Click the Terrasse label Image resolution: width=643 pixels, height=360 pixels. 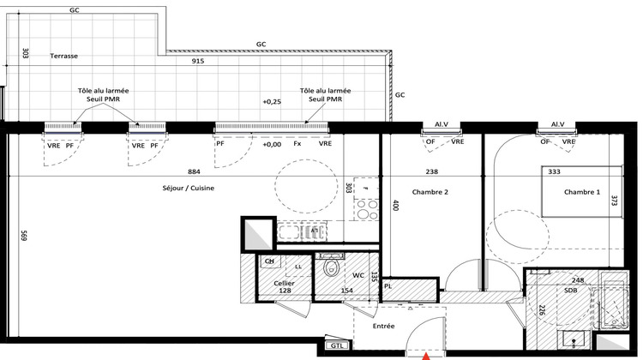(63, 56)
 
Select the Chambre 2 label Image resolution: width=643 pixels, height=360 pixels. (430, 192)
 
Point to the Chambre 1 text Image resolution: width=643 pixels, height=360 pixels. (582, 192)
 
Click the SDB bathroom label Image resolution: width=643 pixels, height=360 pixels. (571, 290)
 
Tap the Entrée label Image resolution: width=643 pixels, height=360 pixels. (383, 326)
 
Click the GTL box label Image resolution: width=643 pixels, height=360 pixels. (333, 348)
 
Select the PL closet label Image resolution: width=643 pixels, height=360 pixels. (388, 285)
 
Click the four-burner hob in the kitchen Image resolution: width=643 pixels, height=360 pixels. (367, 209)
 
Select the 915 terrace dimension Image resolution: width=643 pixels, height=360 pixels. (198, 62)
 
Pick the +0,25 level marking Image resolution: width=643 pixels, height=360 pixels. (271, 101)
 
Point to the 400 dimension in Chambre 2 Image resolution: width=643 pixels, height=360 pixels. (395, 206)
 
